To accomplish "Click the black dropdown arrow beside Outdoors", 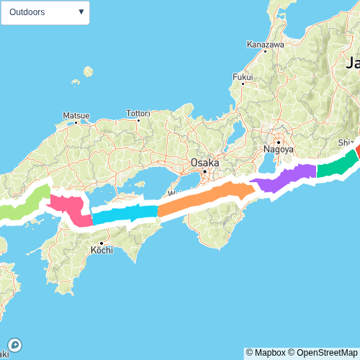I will (81, 12).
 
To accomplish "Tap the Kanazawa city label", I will (265, 44).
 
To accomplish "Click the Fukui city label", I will (243, 77).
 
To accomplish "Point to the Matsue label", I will (76, 115).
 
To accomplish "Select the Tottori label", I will (138, 114).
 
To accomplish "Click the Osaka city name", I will (204, 163).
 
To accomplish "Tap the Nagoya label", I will (278, 149).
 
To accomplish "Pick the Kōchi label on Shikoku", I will (102, 251).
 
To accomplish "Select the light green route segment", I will (25, 204).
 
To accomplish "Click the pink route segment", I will (70, 209).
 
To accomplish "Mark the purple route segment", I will (284, 178).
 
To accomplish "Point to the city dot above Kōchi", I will (101, 243).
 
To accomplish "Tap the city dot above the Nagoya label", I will (278, 142).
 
